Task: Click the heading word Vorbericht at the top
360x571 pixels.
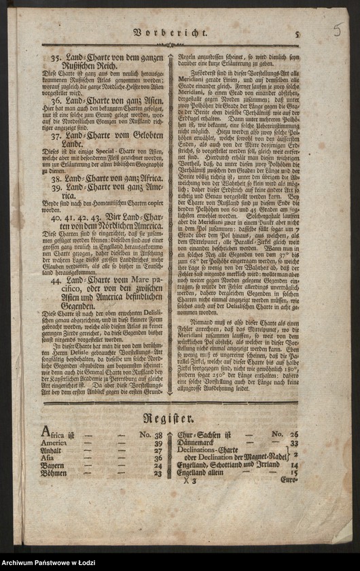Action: pyautogui.click(x=169, y=32)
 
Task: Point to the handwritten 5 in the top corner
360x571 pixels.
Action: pyautogui.click(x=338, y=29)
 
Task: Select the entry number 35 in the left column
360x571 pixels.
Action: pyautogui.click(x=56, y=58)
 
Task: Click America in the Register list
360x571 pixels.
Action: pyautogui.click(x=54, y=443)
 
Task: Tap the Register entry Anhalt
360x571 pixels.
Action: pyautogui.click(x=52, y=451)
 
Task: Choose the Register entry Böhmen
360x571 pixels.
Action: pyautogui.click(x=53, y=474)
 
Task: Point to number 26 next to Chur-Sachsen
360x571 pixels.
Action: pyautogui.click(x=294, y=434)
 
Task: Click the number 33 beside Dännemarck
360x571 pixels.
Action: pyautogui.click(x=294, y=443)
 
